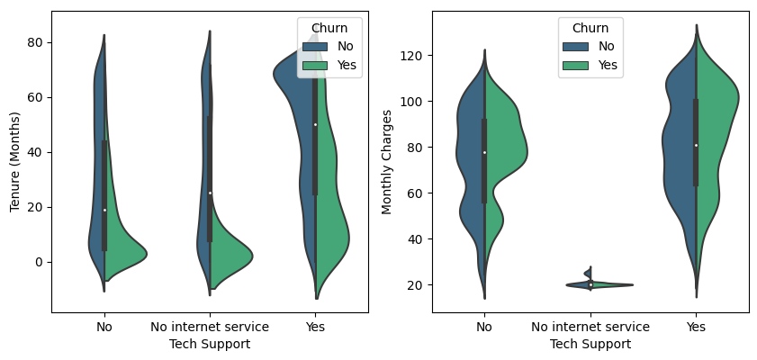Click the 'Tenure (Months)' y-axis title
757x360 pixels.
click(15, 162)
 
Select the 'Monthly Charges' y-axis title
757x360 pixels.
click(387, 162)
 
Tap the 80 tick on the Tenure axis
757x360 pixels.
click(39, 42)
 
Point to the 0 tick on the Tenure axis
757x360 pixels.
click(41, 262)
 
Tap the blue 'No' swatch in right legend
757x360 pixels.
click(574, 46)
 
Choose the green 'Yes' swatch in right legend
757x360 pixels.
click(574, 65)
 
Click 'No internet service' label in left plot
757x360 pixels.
click(209, 327)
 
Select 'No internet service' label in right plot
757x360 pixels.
click(590, 327)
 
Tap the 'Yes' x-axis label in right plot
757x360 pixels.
click(696, 327)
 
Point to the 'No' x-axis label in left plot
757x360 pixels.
click(104, 327)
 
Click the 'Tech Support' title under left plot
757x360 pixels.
click(209, 344)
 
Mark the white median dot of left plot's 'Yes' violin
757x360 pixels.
click(315, 124)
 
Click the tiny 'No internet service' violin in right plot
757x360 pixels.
click(590, 283)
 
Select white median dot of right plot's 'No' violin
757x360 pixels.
click(485, 152)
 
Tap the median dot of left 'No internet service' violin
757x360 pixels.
click(210, 193)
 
